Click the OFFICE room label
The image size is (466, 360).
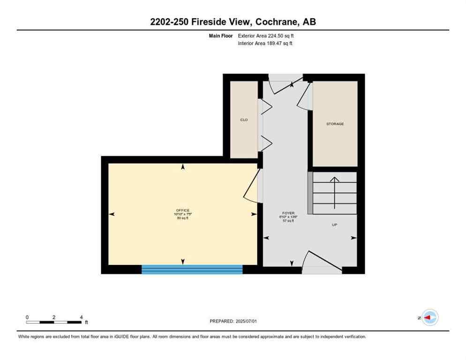(183, 210)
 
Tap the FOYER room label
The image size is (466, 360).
(288, 212)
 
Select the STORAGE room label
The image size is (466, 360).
(335, 124)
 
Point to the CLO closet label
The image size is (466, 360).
(244, 120)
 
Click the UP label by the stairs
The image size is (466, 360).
(335, 225)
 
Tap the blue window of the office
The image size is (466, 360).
(192, 269)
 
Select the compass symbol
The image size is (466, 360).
(429, 317)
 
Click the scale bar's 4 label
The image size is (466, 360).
(81, 317)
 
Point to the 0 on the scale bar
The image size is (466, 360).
(27, 317)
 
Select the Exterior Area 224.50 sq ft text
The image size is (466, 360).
(266, 36)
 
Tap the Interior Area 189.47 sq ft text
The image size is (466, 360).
(265, 43)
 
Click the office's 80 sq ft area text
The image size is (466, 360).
(183, 218)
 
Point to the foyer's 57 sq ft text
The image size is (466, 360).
(288, 221)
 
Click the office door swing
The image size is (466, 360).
(252, 187)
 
